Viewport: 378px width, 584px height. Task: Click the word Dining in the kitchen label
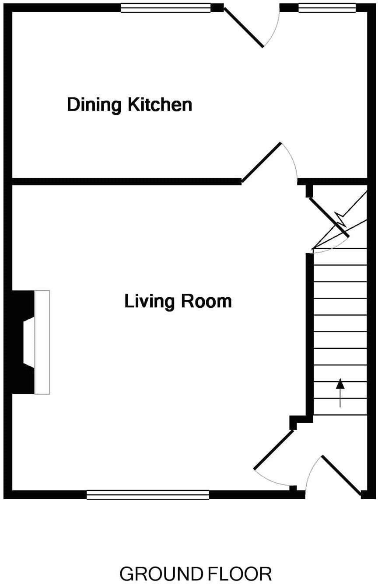coord(94,105)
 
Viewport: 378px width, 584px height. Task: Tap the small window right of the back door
coord(327,8)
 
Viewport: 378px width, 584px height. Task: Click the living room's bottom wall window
coord(148,495)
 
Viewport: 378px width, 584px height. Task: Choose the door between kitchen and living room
coord(261,162)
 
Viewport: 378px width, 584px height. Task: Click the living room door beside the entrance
coord(274,450)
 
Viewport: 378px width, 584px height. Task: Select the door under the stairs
coord(329,217)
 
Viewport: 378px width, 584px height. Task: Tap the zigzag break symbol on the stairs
coord(341,218)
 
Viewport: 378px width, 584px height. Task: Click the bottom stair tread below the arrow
coord(340,407)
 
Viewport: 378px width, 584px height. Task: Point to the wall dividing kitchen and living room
coord(127,181)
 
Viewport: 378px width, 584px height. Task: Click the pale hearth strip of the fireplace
coord(42,342)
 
